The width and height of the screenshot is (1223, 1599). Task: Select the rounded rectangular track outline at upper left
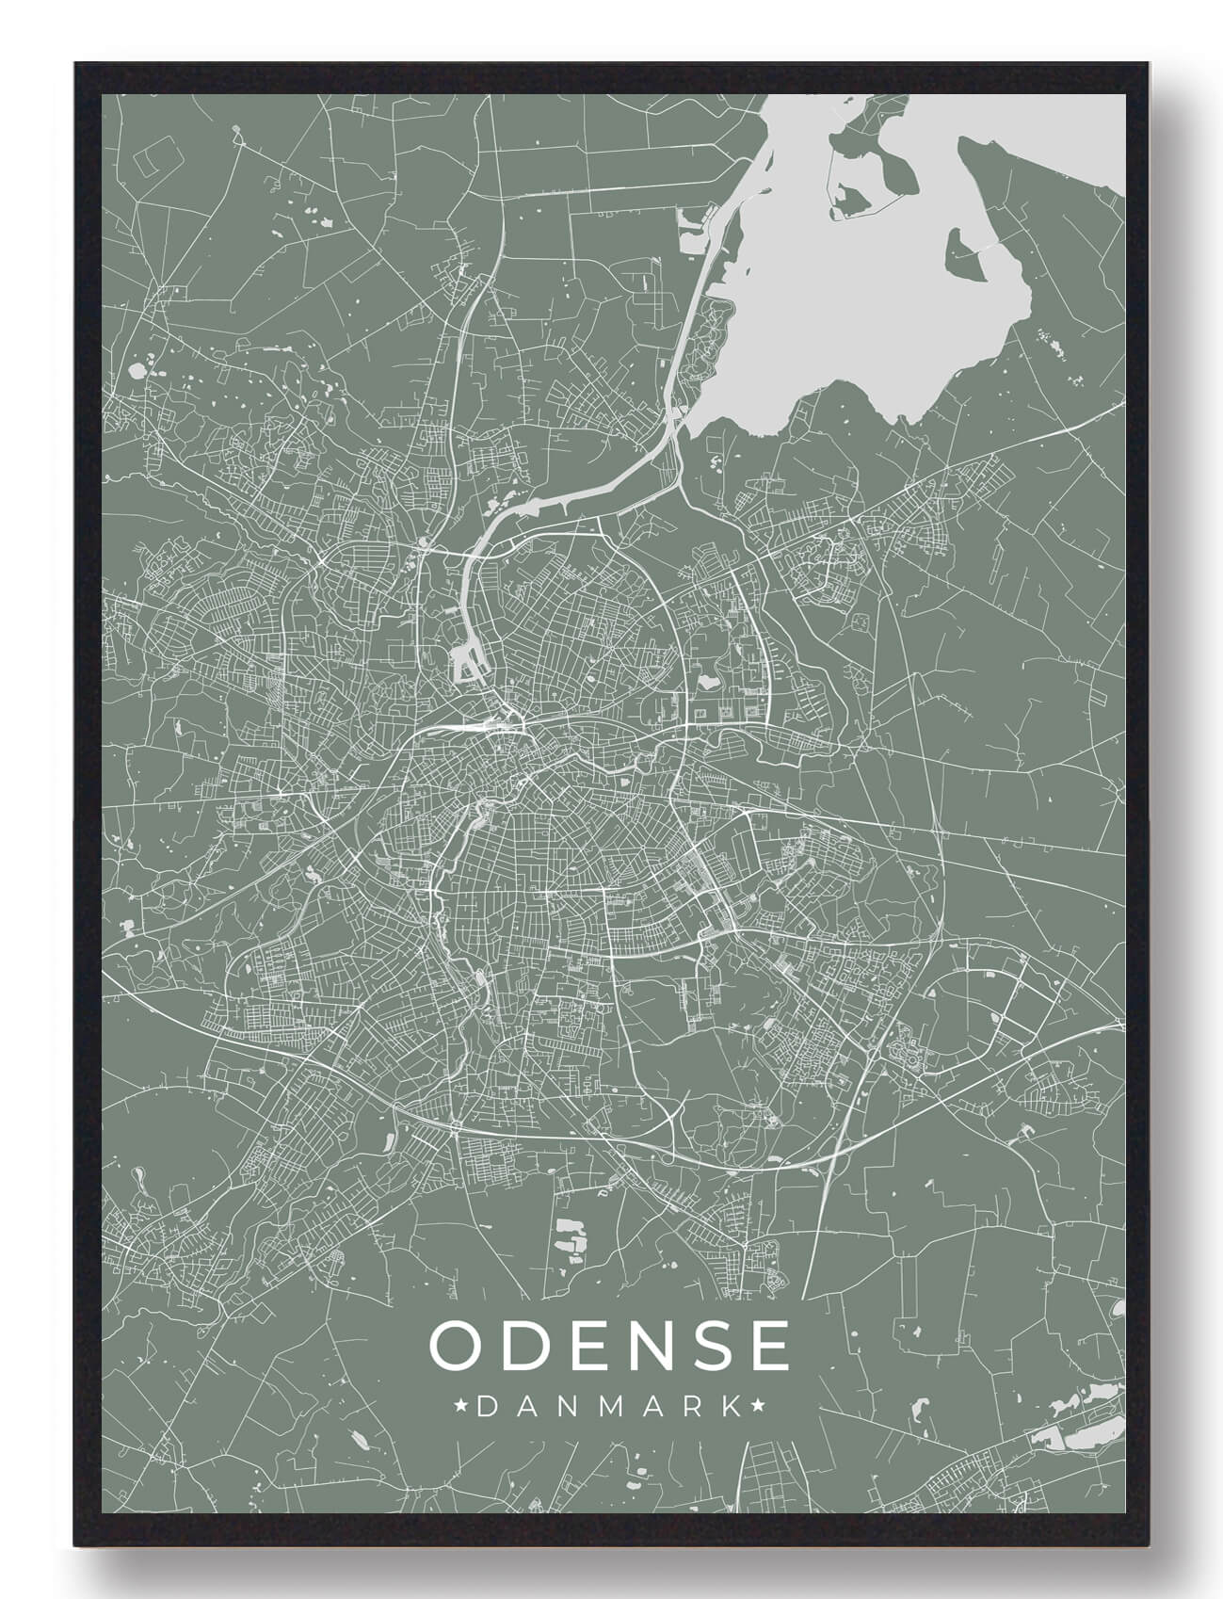150,165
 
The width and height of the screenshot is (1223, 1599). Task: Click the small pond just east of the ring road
707,676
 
